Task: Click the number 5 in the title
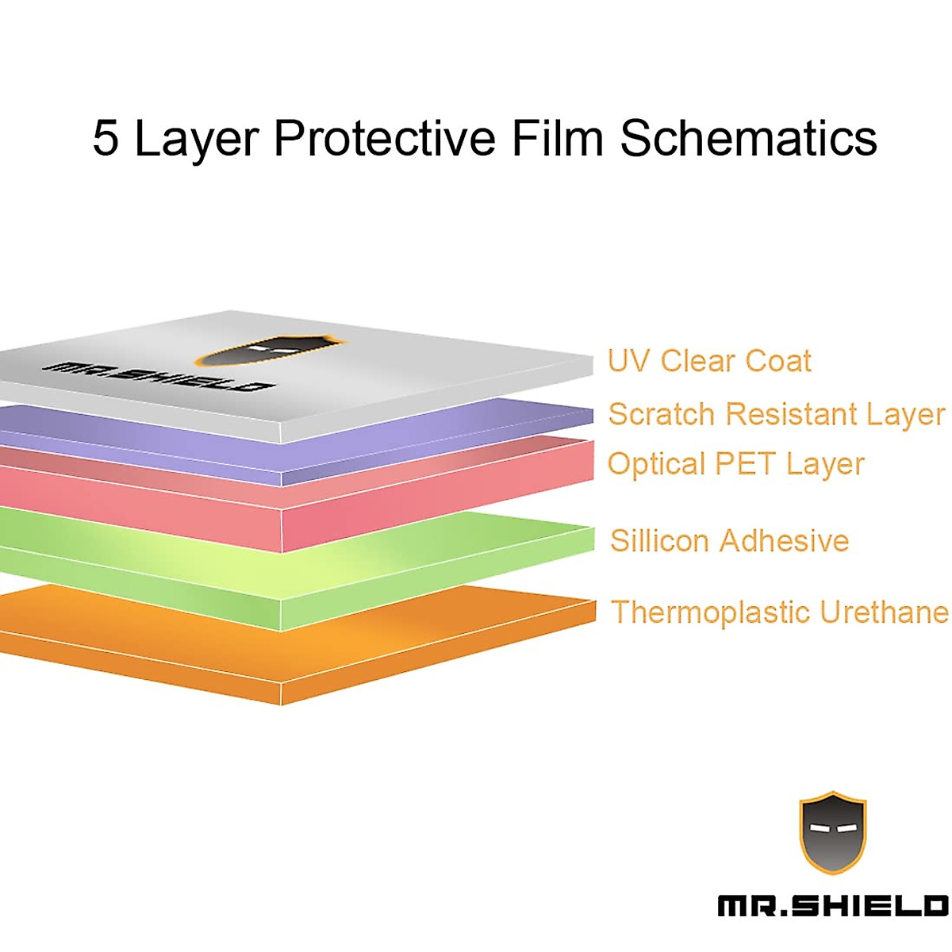tap(106, 139)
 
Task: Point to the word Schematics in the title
tap(748, 139)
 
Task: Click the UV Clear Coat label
tap(709, 361)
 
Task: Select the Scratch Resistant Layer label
tap(776, 414)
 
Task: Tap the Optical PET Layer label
tap(735, 464)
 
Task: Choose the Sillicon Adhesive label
tap(729, 541)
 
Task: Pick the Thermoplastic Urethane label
tap(779, 612)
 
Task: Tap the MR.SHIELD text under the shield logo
tap(832, 906)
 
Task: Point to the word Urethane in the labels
tap(883, 612)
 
